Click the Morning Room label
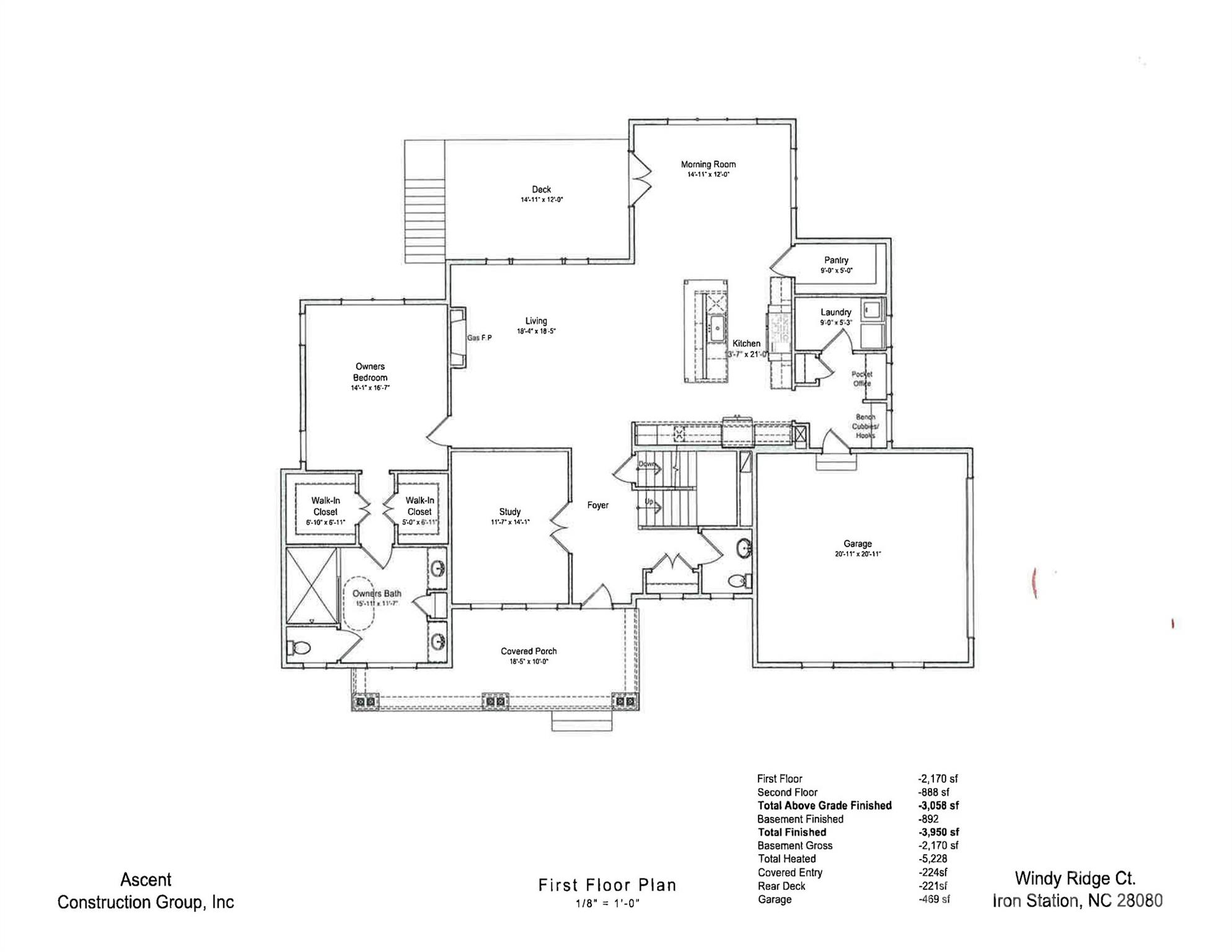pos(708,164)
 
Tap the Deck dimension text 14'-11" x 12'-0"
pos(541,200)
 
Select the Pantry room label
pos(836,260)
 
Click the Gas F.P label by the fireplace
pos(479,338)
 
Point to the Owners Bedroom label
pos(370,372)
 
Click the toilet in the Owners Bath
pos(300,648)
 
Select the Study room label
pos(509,512)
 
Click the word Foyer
pos(597,505)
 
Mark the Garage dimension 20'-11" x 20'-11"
pos(857,554)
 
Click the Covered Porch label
pos(529,651)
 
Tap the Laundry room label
pos(835,312)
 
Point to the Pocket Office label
pos(861,379)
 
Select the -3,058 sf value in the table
pos(938,806)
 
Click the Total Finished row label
pos(791,832)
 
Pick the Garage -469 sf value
pos(933,899)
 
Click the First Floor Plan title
pos(607,885)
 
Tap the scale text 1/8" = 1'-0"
pos(607,904)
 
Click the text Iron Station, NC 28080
pos(1077,901)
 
